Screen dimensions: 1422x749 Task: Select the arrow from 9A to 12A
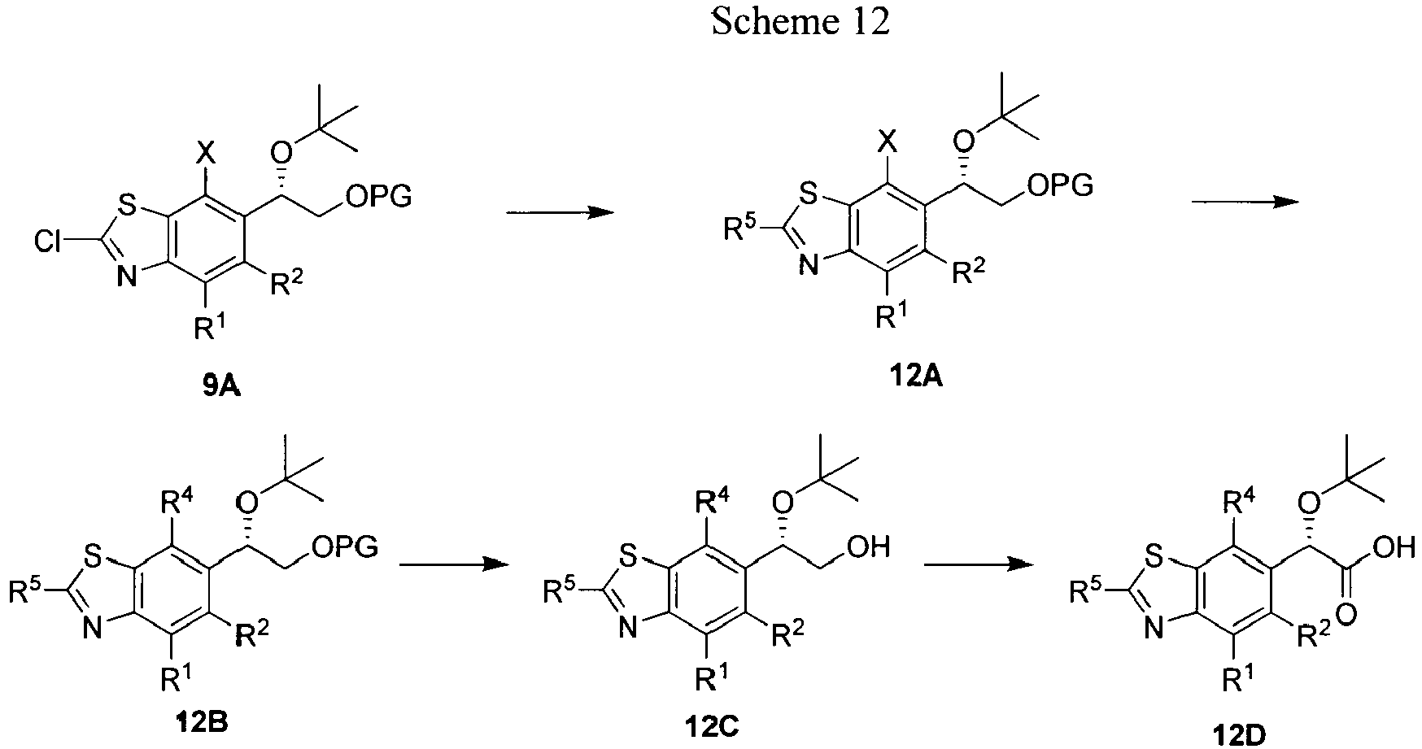[560, 212]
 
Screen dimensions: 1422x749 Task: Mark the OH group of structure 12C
[868, 547]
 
